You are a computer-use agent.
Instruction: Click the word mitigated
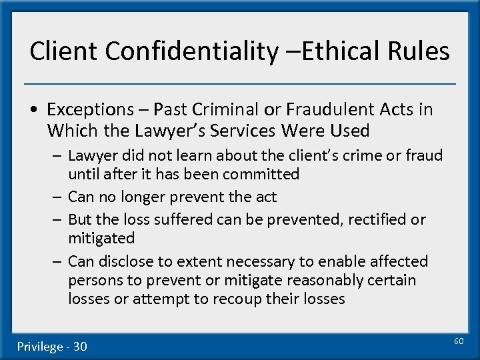pos(101,238)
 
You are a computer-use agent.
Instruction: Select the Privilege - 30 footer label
pos(52,346)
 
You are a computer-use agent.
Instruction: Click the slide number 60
pos(458,341)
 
